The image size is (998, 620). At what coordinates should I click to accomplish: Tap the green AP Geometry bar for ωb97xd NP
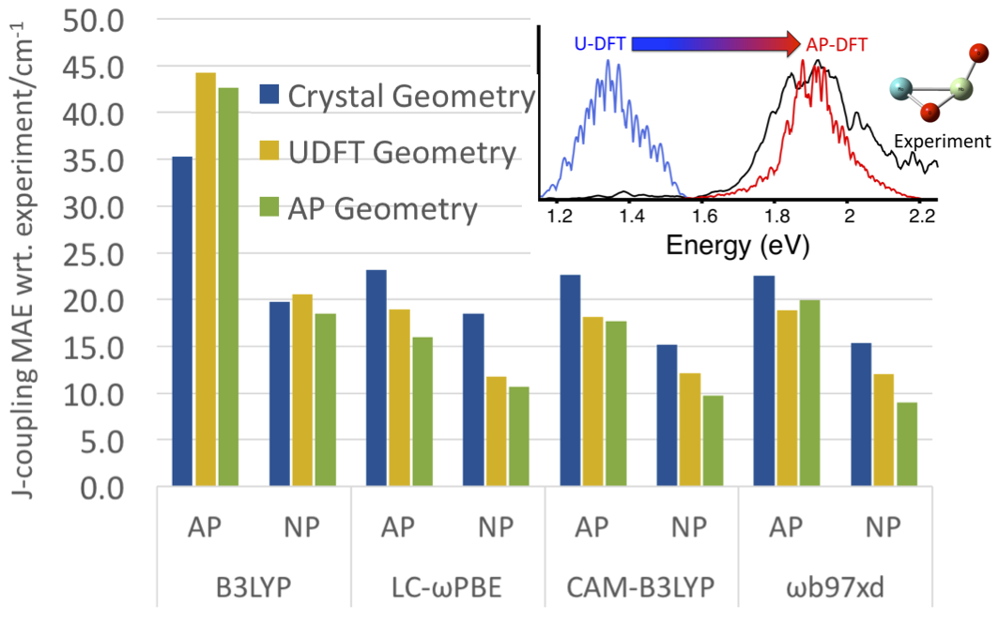pos(906,445)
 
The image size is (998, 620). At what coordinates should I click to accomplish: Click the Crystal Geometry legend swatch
pos(269,96)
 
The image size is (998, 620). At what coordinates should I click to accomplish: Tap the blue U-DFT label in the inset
pos(601,43)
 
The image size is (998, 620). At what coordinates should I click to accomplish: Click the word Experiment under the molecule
pos(941,142)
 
